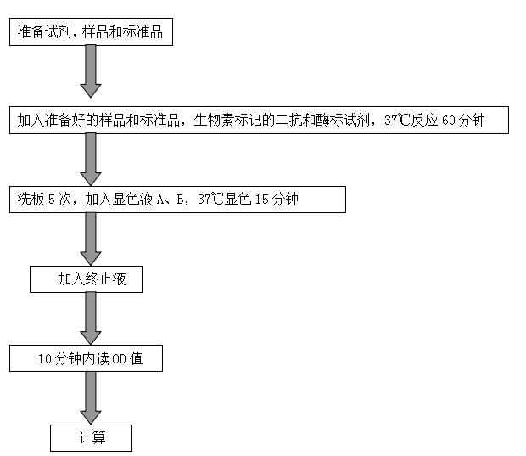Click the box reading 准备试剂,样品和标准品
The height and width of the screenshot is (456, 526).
point(91,32)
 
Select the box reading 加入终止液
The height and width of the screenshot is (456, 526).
point(86,279)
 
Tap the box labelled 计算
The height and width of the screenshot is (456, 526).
point(91,438)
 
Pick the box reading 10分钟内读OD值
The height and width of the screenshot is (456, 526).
point(86,358)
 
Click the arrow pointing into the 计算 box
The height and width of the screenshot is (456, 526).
point(91,398)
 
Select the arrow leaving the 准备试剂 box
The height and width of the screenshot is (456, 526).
point(91,71)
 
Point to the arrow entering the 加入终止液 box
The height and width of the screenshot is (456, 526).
point(91,239)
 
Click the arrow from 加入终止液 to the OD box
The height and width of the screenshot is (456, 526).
point(91,318)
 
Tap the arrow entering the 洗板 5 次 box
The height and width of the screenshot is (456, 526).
point(91,160)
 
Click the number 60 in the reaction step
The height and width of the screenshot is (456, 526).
point(448,121)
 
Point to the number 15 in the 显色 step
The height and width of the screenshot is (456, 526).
point(261,200)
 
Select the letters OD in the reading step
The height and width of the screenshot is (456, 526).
point(119,359)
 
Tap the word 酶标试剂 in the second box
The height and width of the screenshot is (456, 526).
point(343,121)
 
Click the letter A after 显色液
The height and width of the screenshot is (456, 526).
point(160,200)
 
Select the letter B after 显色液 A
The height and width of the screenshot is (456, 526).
point(181,200)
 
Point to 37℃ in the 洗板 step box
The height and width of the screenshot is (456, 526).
point(210,200)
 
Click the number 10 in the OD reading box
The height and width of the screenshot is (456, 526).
point(45,359)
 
